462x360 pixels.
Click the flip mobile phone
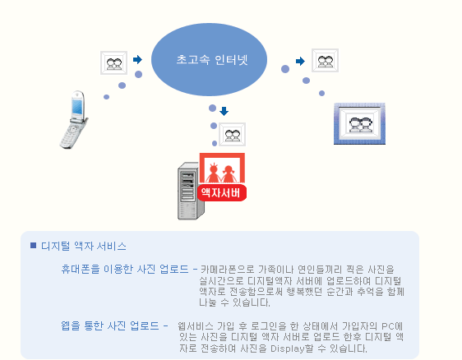pos(74,120)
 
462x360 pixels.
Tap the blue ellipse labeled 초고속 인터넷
pos(209,59)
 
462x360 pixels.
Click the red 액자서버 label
pos(222,193)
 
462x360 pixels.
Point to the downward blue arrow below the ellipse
pos(224,111)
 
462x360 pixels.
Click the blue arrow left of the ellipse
pos(137,59)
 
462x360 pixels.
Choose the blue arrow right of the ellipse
pos(300,62)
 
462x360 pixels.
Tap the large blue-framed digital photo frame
pos(359,124)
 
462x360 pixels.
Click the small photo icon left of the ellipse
pos(113,62)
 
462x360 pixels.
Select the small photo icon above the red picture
pos(232,134)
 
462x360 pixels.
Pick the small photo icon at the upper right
pos(325,60)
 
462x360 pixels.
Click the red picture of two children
pos(222,168)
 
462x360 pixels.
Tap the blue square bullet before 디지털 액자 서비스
pos(34,245)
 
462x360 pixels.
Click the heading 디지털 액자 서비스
pos(84,246)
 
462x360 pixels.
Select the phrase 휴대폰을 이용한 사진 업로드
pos(125,269)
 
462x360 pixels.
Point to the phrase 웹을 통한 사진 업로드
pos(110,325)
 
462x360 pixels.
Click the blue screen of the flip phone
pos(77,107)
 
